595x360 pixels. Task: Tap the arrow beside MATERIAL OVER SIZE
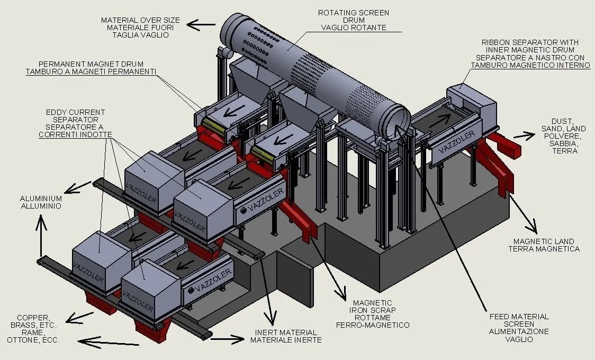(201, 24)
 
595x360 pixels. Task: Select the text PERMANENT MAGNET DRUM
(91, 64)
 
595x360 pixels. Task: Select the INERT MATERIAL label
(285, 332)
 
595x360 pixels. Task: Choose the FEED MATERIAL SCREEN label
(518, 317)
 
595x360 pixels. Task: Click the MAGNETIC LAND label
(544, 241)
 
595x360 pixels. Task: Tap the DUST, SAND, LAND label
(563, 129)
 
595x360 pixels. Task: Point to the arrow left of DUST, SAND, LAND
(524, 136)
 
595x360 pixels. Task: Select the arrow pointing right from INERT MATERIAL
(227, 337)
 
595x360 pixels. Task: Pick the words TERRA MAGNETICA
(544, 248)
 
